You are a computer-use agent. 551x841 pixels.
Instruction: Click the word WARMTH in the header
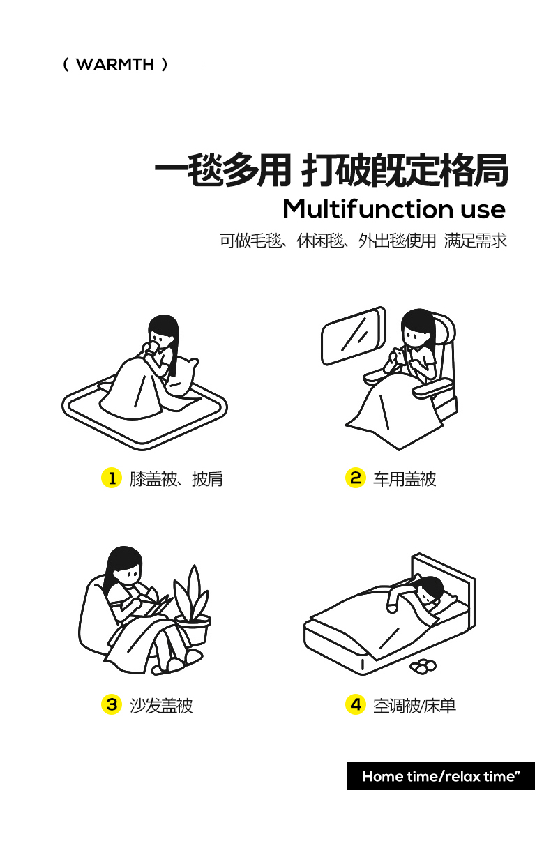click(115, 65)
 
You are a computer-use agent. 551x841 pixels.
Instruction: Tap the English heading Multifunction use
click(394, 209)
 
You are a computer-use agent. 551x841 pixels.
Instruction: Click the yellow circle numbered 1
click(112, 478)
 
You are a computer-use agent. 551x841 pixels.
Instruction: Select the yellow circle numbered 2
click(355, 478)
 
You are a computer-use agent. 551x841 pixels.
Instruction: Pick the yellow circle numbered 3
click(112, 704)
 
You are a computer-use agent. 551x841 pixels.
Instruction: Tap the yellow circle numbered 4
click(355, 704)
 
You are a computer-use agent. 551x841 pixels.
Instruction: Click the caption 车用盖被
click(405, 479)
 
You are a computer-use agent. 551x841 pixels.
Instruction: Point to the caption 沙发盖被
click(161, 706)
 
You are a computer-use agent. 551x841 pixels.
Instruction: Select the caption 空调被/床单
click(414, 706)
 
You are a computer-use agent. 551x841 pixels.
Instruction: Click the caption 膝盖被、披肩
click(176, 479)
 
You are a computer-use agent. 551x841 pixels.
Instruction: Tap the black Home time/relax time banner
click(441, 776)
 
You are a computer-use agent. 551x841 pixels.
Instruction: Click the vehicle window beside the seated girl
click(354, 336)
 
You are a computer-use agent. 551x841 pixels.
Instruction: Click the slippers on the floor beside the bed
click(423, 667)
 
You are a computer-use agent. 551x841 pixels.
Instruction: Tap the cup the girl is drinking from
click(154, 347)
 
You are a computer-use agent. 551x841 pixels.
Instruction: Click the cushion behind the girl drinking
click(183, 377)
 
